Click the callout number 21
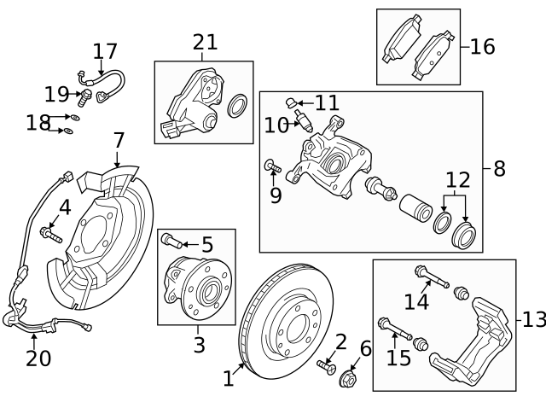point(205,42)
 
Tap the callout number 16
point(482,46)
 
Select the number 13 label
point(532,320)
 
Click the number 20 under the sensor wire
point(38,358)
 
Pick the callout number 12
point(457,180)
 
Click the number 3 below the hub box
point(199,345)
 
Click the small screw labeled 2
point(325,366)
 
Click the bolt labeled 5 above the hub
point(168,240)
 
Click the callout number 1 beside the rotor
point(228,376)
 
